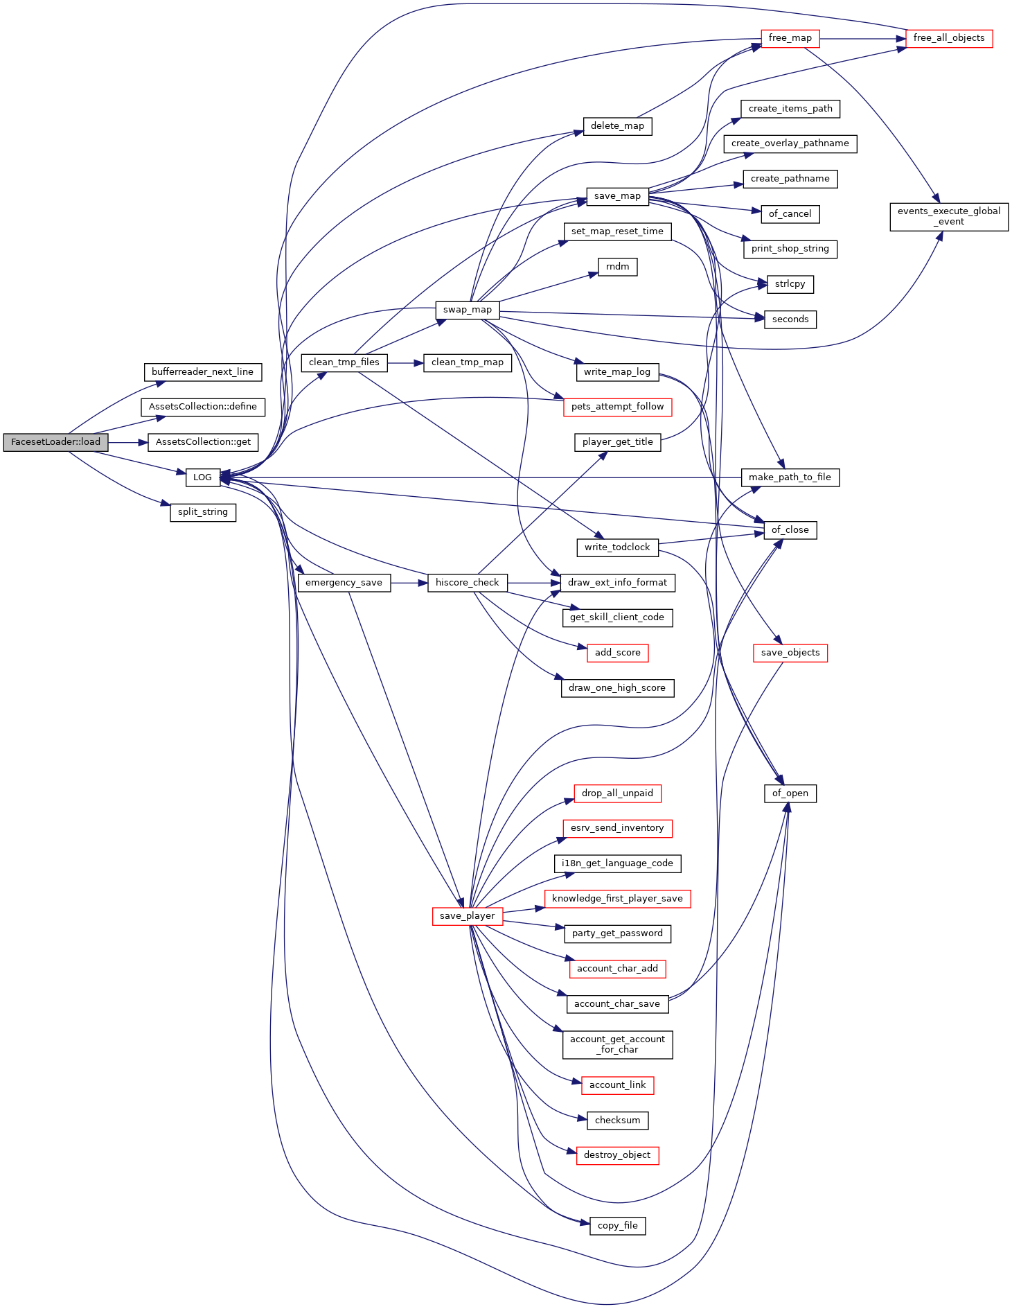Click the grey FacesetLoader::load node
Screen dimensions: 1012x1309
(x=55, y=442)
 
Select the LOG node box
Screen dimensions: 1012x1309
(x=202, y=477)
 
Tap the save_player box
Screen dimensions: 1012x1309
(x=468, y=916)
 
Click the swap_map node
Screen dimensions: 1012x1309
(x=468, y=310)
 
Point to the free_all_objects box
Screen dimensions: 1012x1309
(x=949, y=38)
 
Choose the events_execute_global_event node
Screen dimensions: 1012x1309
(x=949, y=216)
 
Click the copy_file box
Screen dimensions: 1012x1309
(x=618, y=1226)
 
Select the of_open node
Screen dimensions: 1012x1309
(x=790, y=793)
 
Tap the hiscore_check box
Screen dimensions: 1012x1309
(x=468, y=583)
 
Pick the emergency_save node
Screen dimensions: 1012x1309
(x=344, y=583)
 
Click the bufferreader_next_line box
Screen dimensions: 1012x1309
(x=203, y=372)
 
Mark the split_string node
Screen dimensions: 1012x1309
(x=203, y=512)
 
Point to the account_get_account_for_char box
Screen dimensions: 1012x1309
(x=618, y=1044)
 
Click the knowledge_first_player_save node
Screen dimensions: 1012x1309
(x=618, y=899)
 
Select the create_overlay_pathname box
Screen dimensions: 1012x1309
(x=790, y=143)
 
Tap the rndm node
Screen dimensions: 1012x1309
(x=618, y=267)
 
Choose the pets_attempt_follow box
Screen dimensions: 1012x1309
(x=618, y=407)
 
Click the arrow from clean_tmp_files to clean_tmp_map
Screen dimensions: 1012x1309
(x=405, y=362)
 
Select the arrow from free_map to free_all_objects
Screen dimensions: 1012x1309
(x=863, y=39)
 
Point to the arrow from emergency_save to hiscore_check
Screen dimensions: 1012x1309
(x=409, y=583)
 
